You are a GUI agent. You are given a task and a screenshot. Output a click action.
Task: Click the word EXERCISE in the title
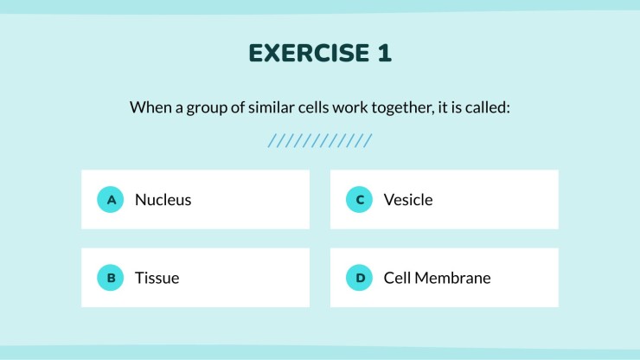(310, 53)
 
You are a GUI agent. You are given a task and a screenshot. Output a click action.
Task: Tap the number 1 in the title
(385, 53)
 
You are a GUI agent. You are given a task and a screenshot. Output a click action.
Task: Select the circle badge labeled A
(110, 199)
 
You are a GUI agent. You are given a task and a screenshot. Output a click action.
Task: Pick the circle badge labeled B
(110, 278)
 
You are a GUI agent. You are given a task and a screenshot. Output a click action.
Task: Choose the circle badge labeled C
(359, 199)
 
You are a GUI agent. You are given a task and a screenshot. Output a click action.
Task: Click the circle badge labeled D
(359, 278)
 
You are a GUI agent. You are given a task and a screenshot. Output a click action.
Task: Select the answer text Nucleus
(163, 200)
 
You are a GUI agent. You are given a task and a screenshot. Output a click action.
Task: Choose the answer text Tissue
(157, 278)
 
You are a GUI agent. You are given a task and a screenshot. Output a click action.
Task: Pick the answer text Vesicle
(408, 200)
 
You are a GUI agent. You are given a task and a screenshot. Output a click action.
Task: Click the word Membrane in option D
(452, 278)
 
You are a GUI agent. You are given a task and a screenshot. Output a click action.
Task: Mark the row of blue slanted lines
(320, 140)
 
